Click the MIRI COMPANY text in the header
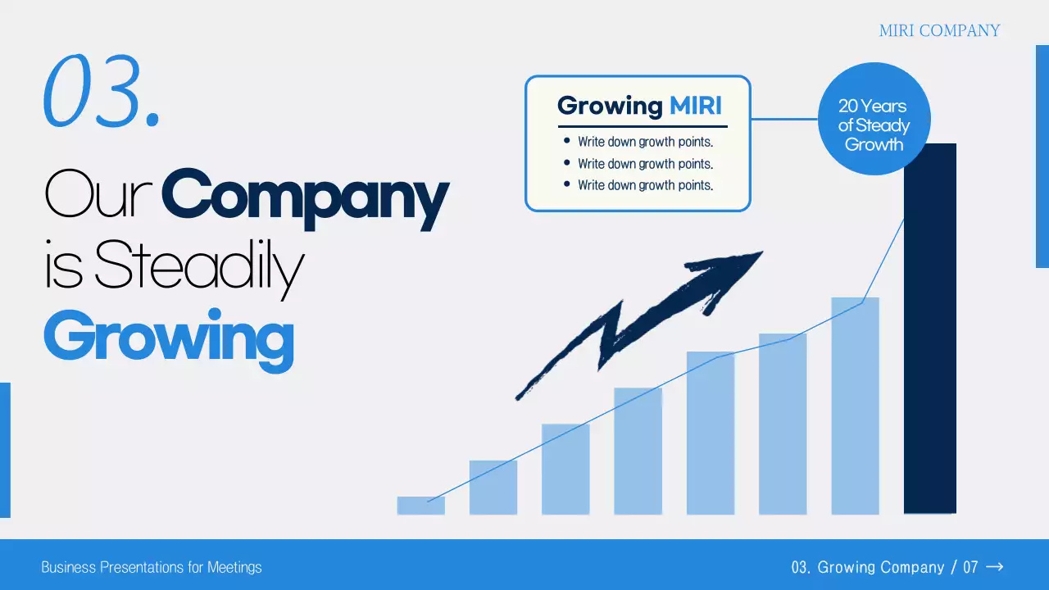939,31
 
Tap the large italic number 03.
102,91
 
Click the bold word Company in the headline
306,198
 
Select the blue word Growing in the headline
169,339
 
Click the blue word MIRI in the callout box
696,106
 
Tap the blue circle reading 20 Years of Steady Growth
874,119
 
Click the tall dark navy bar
930,329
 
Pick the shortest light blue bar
421,506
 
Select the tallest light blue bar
855,406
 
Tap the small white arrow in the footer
994,567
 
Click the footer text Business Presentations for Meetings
152,568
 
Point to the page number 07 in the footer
970,568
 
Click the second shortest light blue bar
493,488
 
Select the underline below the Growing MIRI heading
643,126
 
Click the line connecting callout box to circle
784,119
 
